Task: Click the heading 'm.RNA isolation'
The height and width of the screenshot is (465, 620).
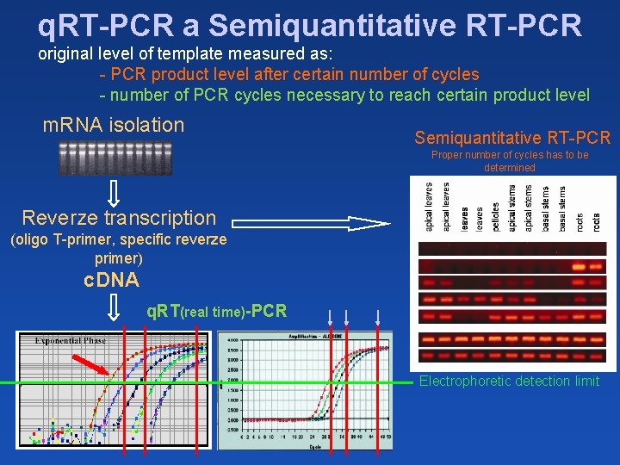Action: (114, 125)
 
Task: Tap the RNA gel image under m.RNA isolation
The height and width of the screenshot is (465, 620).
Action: (115, 158)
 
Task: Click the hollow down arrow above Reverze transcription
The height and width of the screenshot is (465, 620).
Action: (114, 192)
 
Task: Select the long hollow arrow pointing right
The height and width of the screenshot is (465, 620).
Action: (310, 225)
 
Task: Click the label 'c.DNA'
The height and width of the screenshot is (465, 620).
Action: (111, 279)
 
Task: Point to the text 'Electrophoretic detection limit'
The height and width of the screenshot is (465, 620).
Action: (509, 381)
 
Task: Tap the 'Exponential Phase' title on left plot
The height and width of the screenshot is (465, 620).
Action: (70, 340)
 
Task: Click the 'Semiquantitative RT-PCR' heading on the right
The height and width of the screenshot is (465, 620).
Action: (512, 138)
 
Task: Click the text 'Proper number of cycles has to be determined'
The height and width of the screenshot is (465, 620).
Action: (510, 161)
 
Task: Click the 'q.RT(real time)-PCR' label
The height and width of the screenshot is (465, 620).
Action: (216, 311)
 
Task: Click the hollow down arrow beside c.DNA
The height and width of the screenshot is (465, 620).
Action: (113, 307)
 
